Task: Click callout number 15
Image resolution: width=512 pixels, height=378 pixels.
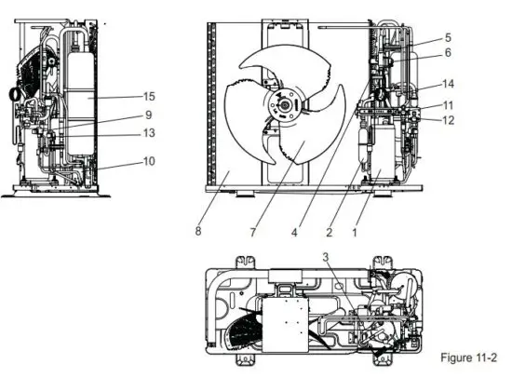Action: pyautogui.click(x=148, y=95)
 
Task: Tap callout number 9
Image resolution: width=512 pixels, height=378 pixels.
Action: pyautogui.click(x=146, y=115)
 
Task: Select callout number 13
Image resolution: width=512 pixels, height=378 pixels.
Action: pyautogui.click(x=148, y=134)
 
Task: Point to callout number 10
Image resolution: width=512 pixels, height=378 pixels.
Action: pyautogui.click(x=148, y=162)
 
